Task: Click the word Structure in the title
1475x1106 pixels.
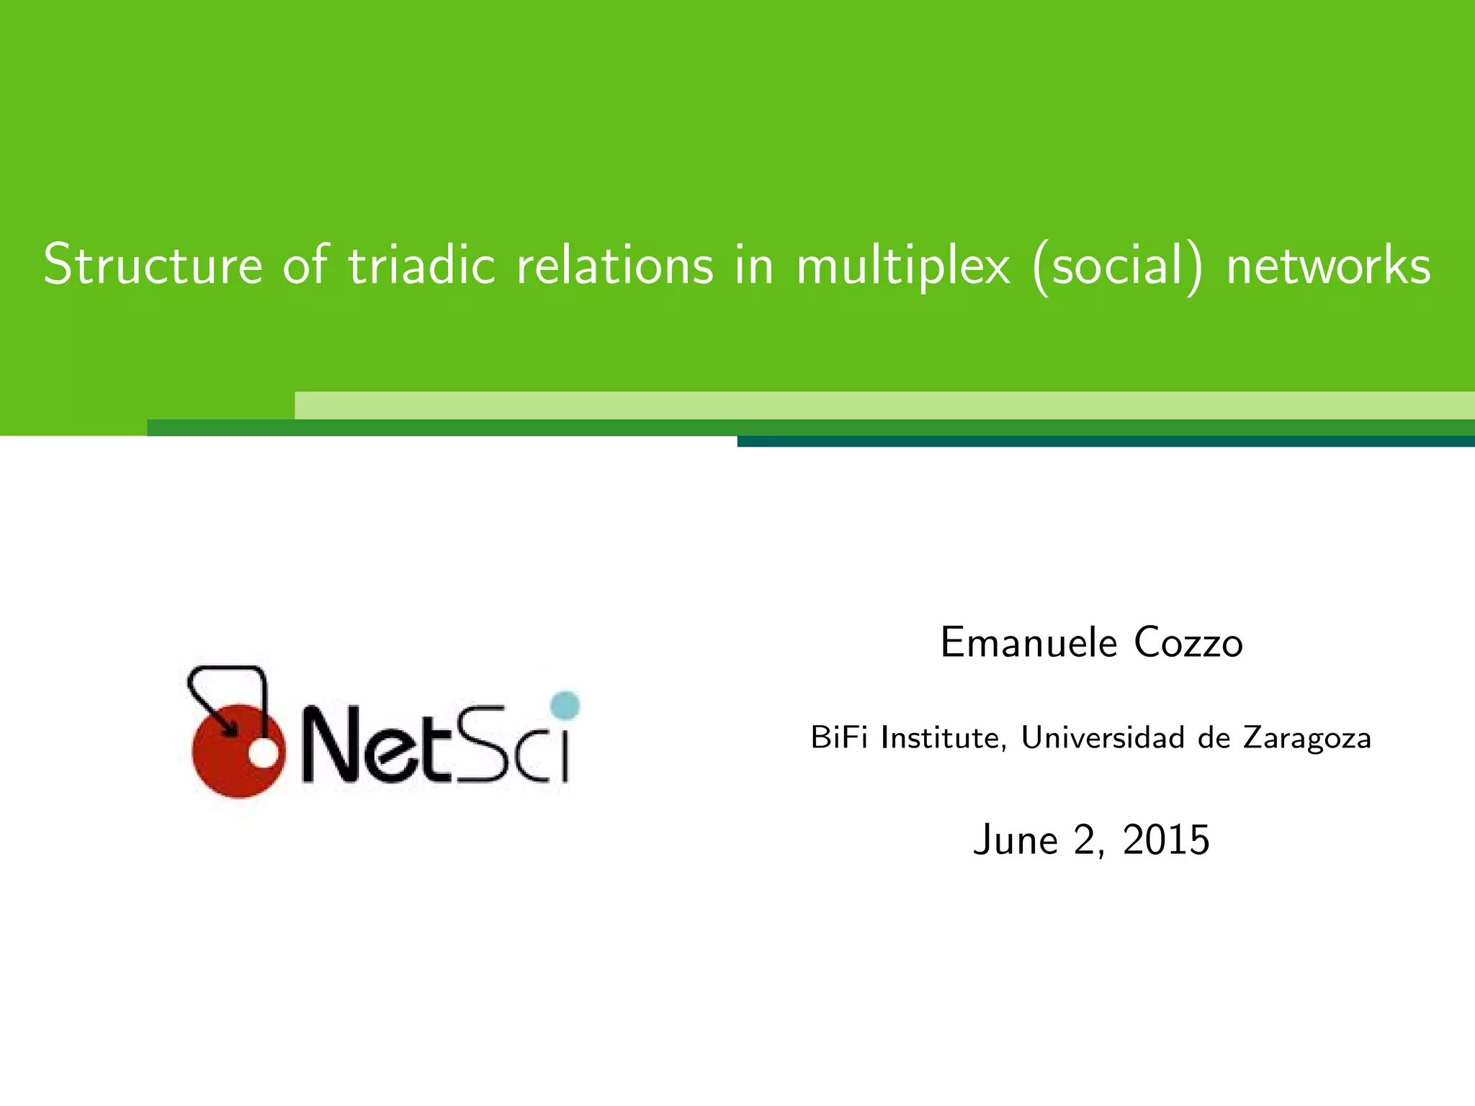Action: (x=153, y=265)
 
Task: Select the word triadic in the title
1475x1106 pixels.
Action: (x=422, y=265)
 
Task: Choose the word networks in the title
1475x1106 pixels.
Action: (x=1328, y=265)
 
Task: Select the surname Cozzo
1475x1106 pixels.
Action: (x=1188, y=642)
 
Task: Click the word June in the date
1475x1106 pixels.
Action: (x=1013, y=840)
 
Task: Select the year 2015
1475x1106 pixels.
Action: (x=1165, y=840)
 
